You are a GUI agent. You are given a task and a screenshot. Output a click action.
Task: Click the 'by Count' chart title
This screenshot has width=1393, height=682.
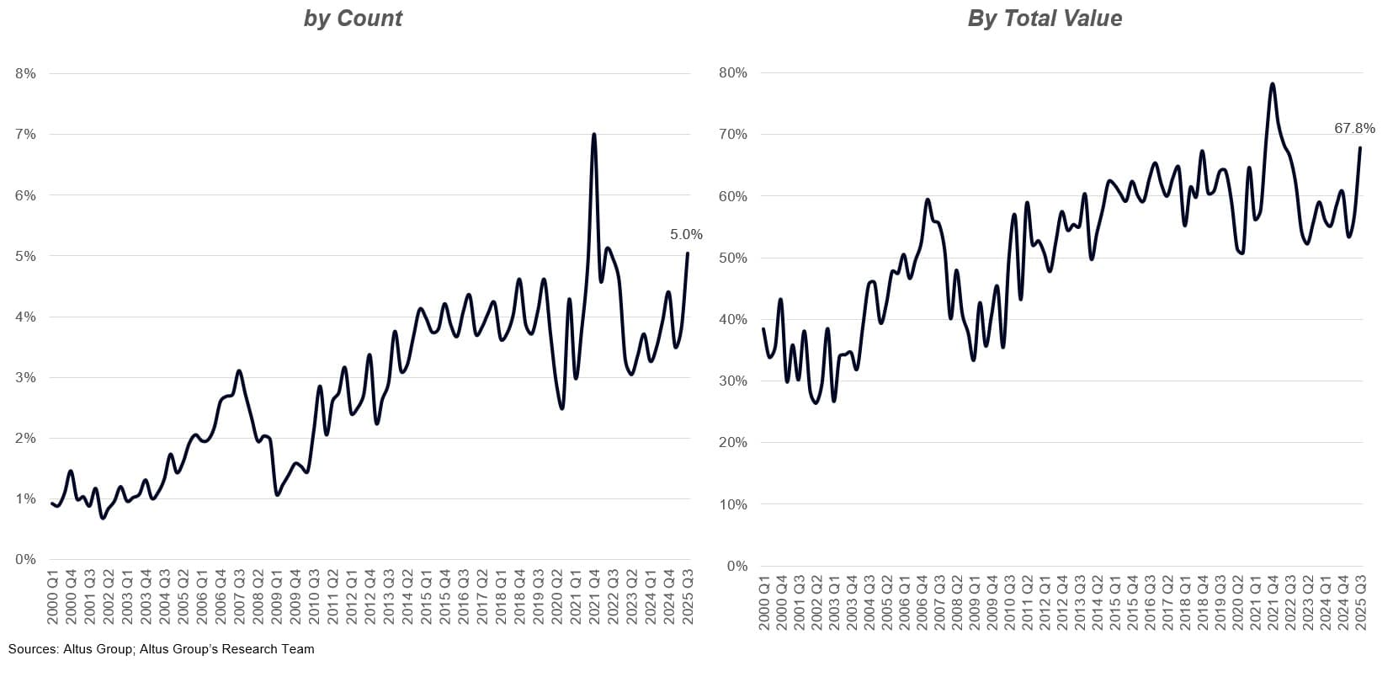coord(353,19)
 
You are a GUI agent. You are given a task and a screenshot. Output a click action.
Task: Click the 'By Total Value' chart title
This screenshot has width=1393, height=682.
coord(1045,19)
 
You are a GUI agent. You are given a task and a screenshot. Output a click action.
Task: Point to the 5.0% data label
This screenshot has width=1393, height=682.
coord(686,235)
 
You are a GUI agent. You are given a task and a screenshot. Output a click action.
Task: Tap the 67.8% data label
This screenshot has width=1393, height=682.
coord(1354,129)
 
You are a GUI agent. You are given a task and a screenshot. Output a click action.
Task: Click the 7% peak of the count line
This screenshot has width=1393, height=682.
coord(594,135)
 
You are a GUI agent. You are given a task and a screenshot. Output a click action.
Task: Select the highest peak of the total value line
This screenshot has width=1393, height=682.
coord(1272,84)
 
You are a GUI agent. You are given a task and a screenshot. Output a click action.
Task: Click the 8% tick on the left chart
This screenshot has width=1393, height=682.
coord(25,74)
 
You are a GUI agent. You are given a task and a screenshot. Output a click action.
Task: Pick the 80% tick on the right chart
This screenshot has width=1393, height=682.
coord(733,73)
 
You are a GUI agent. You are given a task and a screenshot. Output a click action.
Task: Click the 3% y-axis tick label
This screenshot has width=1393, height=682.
coord(25,378)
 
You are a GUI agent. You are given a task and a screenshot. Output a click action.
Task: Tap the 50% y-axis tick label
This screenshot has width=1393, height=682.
coord(733,258)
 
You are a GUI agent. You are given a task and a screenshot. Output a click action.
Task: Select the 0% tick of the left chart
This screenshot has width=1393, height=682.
coord(25,560)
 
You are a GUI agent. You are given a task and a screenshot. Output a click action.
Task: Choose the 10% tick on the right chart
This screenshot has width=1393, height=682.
coord(733,505)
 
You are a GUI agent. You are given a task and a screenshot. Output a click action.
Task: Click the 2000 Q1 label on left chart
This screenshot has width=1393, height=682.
coord(53,597)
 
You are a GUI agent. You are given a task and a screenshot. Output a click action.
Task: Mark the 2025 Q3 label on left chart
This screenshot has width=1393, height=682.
coord(689,597)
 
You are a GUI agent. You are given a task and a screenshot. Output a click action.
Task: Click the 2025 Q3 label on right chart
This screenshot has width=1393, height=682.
coord(1359,603)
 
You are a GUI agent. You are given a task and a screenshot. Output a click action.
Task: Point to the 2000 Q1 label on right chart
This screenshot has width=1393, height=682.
coord(764,603)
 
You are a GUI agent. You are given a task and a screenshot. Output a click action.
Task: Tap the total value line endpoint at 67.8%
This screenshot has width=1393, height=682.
coord(1360,148)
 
